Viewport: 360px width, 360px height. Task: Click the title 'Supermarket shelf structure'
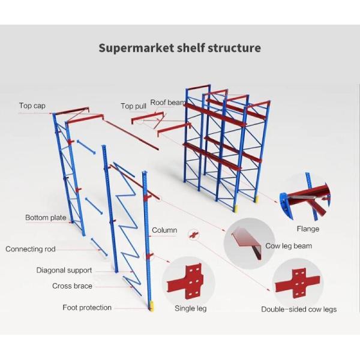click(179, 47)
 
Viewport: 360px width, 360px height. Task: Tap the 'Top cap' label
click(32, 106)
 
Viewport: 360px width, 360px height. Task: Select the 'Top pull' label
click(133, 106)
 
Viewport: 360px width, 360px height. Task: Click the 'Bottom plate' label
click(46, 218)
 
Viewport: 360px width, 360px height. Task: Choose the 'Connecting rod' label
click(31, 249)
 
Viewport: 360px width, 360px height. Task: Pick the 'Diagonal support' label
click(64, 271)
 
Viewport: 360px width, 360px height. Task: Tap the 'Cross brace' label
click(72, 286)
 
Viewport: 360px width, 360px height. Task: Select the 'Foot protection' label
click(87, 308)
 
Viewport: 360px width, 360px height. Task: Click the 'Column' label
click(164, 230)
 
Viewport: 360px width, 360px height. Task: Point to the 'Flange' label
click(308, 229)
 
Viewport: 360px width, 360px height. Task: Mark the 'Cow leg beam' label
click(289, 246)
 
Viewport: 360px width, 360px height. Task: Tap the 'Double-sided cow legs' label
click(298, 310)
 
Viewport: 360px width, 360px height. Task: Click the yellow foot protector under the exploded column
click(151, 305)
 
